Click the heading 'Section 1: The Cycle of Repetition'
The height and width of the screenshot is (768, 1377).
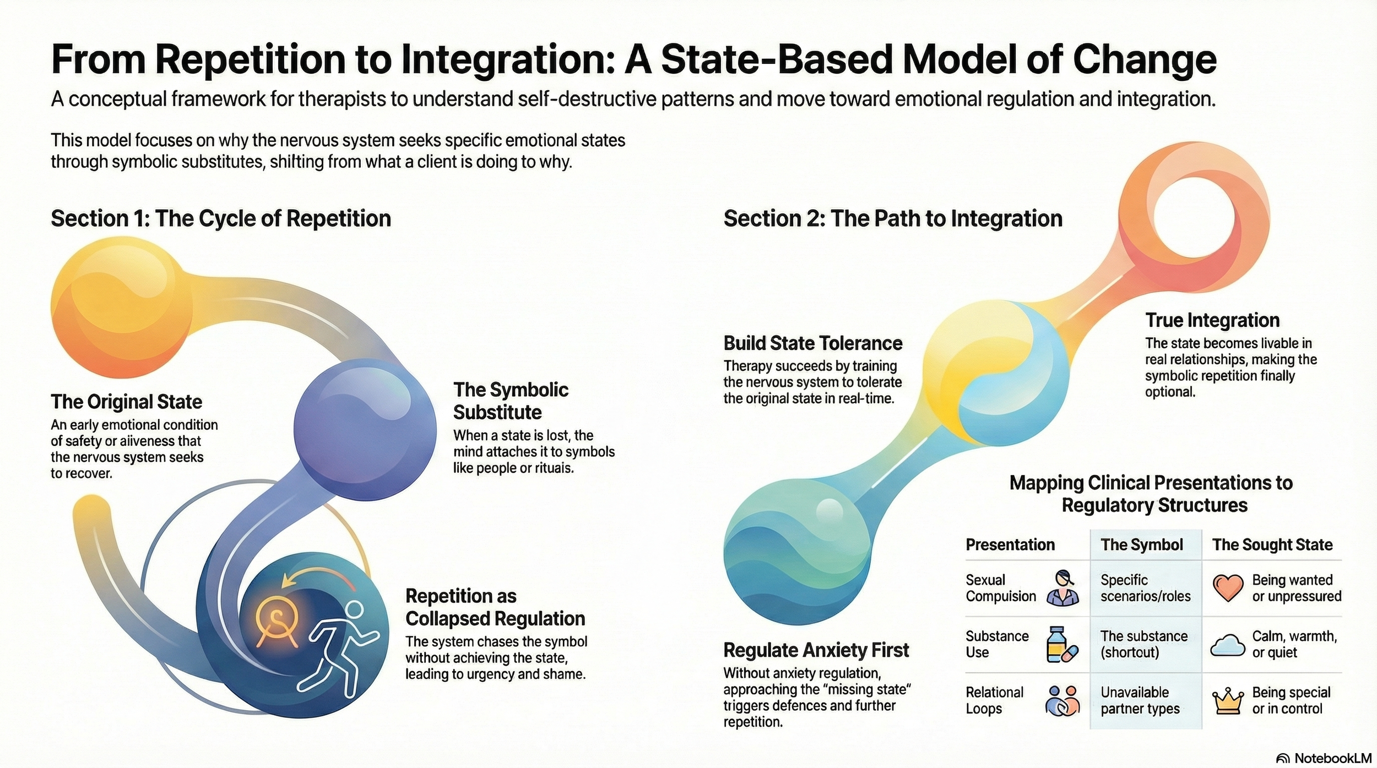click(221, 219)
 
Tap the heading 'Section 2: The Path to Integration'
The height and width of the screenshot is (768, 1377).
click(892, 219)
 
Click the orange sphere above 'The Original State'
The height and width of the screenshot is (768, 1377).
click(121, 307)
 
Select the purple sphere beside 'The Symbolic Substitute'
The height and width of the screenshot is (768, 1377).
click(365, 429)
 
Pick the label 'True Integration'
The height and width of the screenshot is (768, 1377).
click(1212, 320)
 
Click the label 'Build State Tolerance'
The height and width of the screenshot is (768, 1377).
click(812, 344)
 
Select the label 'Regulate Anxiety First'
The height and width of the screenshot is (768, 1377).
click(816, 650)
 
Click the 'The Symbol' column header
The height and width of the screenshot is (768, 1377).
click(1141, 545)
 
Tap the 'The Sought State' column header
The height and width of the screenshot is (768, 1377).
click(1272, 545)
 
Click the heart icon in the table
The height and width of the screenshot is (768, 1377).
click(1228, 588)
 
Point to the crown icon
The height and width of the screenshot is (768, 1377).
click(1228, 701)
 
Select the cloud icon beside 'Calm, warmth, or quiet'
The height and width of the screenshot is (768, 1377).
click(1228, 645)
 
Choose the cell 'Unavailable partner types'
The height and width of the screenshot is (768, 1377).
click(1140, 700)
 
